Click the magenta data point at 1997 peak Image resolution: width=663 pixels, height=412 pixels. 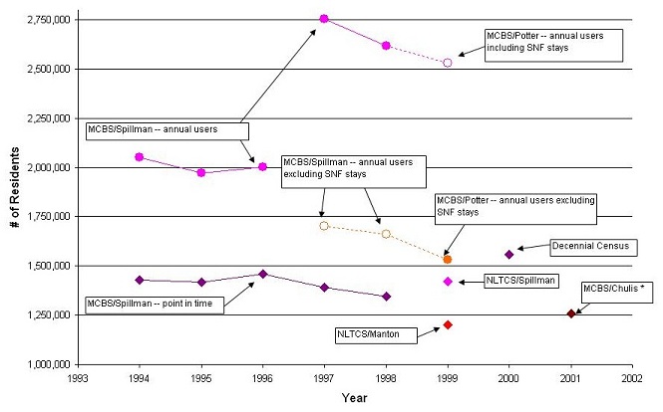point(324,19)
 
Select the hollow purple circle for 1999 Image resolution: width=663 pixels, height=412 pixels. point(448,63)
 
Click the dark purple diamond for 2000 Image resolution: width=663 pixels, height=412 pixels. point(509,255)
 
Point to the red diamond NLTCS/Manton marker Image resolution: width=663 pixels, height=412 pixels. point(448,324)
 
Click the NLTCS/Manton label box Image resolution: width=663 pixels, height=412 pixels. point(374,335)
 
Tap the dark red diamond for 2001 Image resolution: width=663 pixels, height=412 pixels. point(571,313)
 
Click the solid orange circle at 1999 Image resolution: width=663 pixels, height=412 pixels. point(448,259)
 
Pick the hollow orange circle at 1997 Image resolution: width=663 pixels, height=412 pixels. point(324,226)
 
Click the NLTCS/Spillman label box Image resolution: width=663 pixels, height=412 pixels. point(520,281)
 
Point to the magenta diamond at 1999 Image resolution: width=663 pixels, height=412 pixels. point(448,282)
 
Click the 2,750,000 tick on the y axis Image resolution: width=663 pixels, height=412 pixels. point(40,19)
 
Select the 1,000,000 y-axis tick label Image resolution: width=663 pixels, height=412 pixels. point(40,364)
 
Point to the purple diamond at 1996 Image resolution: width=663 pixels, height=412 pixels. point(262,274)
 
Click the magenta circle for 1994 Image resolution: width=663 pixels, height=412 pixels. point(140,156)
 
